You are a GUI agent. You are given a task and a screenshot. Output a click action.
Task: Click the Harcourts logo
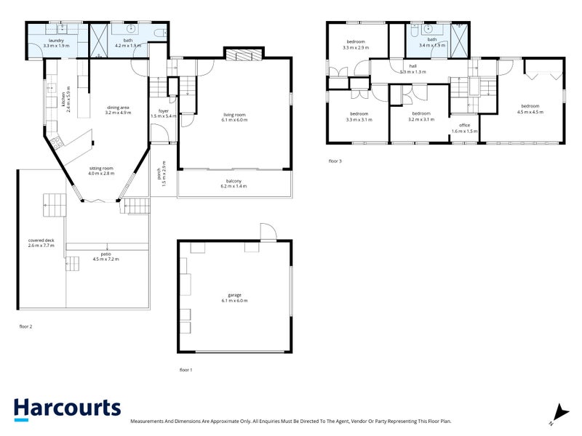click(x=67, y=408)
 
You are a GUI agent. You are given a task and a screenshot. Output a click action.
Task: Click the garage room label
click(x=234, y=298)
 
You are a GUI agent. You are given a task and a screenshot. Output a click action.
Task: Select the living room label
click(x=235, y=117)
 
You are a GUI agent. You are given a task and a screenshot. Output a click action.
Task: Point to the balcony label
click(x=234, y=184)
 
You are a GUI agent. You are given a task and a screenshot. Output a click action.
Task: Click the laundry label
click(x=56, y=43)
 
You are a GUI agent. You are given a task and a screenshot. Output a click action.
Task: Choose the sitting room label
click(x=102, y=171)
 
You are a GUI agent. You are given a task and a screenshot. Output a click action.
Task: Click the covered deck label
click(x=41, y=243)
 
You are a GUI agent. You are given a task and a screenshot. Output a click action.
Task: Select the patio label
click(x=105, y=257)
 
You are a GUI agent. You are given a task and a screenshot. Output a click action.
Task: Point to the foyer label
click(x=164, y=113)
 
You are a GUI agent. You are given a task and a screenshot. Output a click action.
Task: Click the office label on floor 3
click(x=464, y=129)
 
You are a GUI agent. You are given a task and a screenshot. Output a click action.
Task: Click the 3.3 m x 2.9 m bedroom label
click(x=356, y=45)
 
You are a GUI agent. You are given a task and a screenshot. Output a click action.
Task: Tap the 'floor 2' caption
click(x=25, y=326)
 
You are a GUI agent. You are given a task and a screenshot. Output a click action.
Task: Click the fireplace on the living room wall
click(x=239, y=54)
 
